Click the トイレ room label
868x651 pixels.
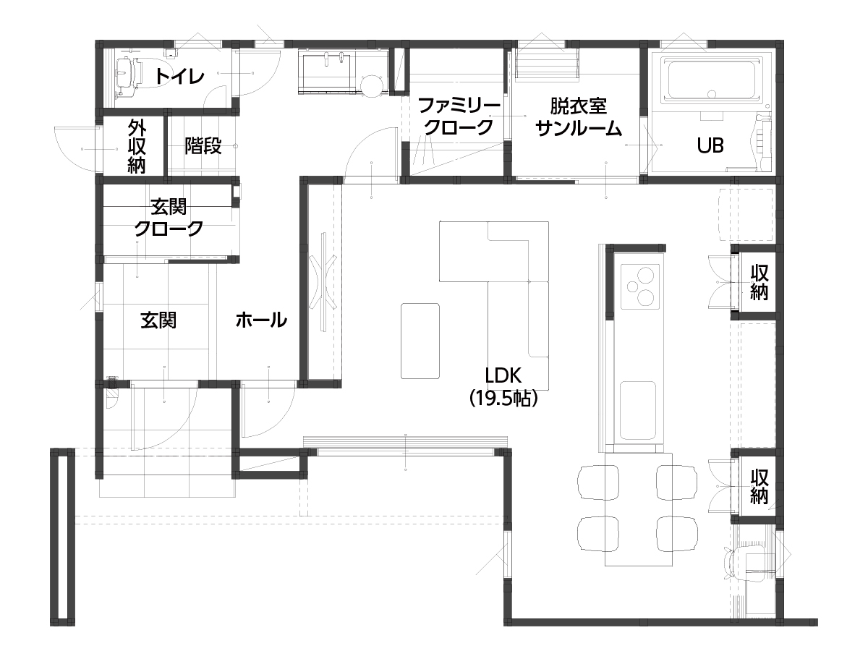[x=180, y=76]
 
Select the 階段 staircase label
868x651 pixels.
[x=203, y=145]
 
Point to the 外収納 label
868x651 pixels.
[x=137, y=146]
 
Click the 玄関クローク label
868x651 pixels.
[x=169, y=218]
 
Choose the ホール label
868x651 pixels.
[x=261, y=320]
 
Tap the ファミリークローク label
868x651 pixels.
[x=459, y=116]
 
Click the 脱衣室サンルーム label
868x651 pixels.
[x=579, y=117]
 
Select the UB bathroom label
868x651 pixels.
[x=710, y=145]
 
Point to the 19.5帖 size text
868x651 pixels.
[x=503, y=399]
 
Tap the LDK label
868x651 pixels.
[x=503, y=375]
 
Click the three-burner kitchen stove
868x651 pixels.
[x=640, y=286]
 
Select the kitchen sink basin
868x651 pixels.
[x=638, y=410]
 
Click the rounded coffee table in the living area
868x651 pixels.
[x=420, y=341]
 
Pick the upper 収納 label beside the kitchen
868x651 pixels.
[x=759, y=282]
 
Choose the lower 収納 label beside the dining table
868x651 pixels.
[x=759, y=486]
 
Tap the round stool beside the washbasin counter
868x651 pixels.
[x=372, y=86]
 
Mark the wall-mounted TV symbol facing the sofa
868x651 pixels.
[x=323, y=282]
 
